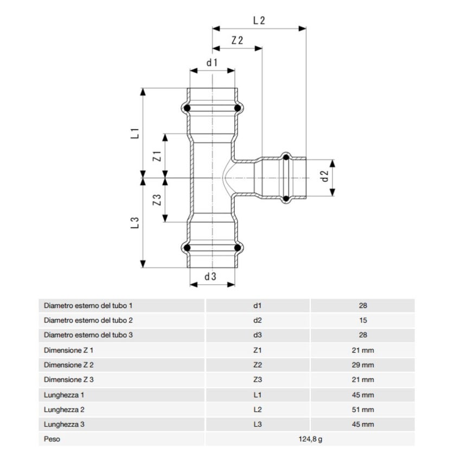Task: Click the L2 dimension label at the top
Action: click(259, 21)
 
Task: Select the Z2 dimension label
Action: click(236, 41)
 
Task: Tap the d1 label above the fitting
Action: click(212, 62)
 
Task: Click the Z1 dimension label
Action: click(157, 157)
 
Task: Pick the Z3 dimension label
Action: click(157, 200)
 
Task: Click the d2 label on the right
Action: click(325, 176)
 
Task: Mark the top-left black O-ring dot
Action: click(187, 109)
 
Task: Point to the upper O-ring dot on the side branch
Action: click(285, 157)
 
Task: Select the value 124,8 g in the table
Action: click(310, 439)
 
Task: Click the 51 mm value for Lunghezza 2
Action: click(363, 410)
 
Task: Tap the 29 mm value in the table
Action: click(363, 365)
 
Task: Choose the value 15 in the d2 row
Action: click(363, 321)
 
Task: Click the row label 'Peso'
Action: click(52, 439)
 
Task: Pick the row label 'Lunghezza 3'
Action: click(64, 425)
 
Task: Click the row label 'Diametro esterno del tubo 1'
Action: click(88, 306)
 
